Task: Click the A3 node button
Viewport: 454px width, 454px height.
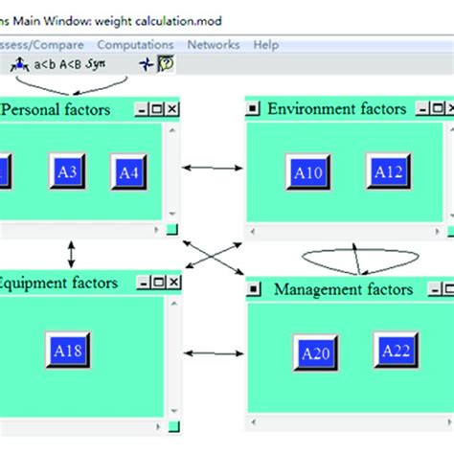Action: [x=67, y=171]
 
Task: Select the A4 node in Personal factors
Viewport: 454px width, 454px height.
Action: [x=128, y=172]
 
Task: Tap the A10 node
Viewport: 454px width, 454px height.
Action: [x=307, y=172]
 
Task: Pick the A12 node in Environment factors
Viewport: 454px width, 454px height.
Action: [x=388, y=171]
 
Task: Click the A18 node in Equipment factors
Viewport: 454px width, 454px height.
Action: [x=67, y=351]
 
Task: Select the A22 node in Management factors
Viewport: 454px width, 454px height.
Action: [x=396, y=352]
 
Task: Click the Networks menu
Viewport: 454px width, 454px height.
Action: [x=213, y=44]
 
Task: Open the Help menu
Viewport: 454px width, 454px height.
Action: [x=265, y=44]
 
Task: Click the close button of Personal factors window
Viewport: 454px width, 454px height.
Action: [x=172, y=110]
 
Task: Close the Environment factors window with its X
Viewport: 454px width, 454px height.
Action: [x=446, y=109]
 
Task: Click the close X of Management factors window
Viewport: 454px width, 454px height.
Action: [x=448, y=289]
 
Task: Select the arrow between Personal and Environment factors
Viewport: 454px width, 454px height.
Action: [x=212, y=169]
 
